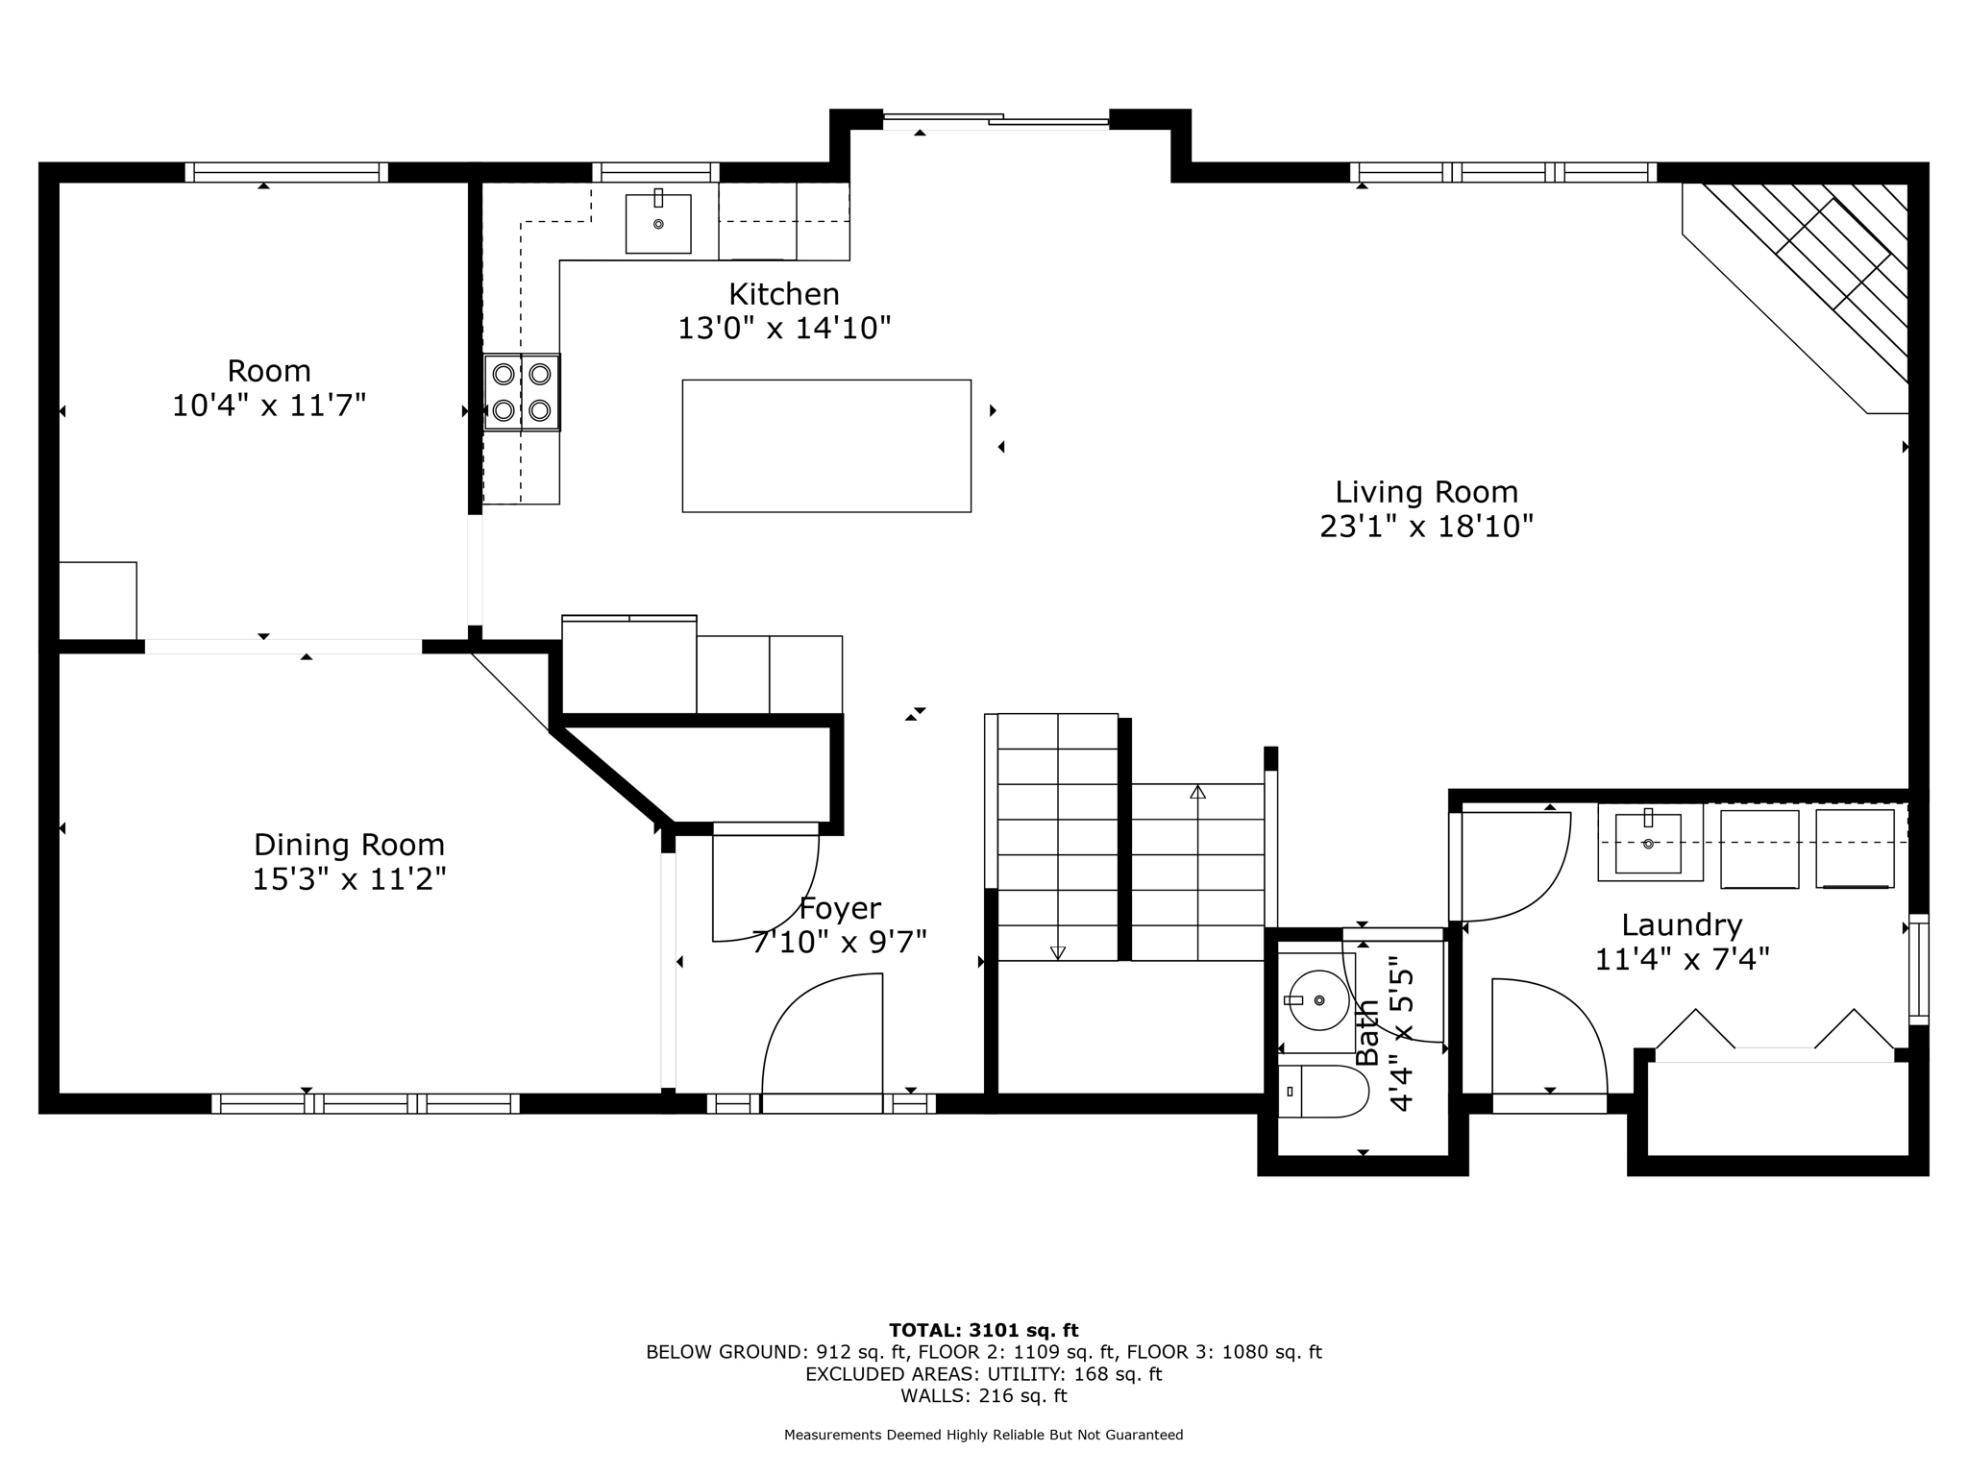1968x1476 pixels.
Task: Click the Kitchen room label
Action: (x=783, y=294)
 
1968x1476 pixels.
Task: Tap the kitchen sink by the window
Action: (x=658, y=224)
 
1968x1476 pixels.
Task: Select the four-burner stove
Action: (x=522, y=392)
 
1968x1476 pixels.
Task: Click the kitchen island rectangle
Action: (x=826, y=446)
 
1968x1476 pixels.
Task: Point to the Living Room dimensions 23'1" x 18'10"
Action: (x=1426, y=527)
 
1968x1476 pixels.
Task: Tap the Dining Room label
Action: (x=349, y=845)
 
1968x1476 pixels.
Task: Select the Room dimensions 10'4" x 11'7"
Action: (x=269, y=406)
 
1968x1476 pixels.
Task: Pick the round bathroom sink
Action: (x=1318, y=1000)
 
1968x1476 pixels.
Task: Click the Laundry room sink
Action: (x=1648, y=843)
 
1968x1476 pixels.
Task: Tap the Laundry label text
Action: (x=1681, y=925)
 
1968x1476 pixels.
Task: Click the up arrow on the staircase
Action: (x=1197, y=794)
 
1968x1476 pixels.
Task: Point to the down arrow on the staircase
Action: (x=1058, y=951)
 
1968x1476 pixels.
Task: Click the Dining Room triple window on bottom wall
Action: (x=365, y=1103)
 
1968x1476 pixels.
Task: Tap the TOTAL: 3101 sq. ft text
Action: (x=983, y=1330)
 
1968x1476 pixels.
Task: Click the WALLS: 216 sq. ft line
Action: (x=983, y=1395)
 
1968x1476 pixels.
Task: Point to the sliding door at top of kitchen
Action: (x=996, y=121)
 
